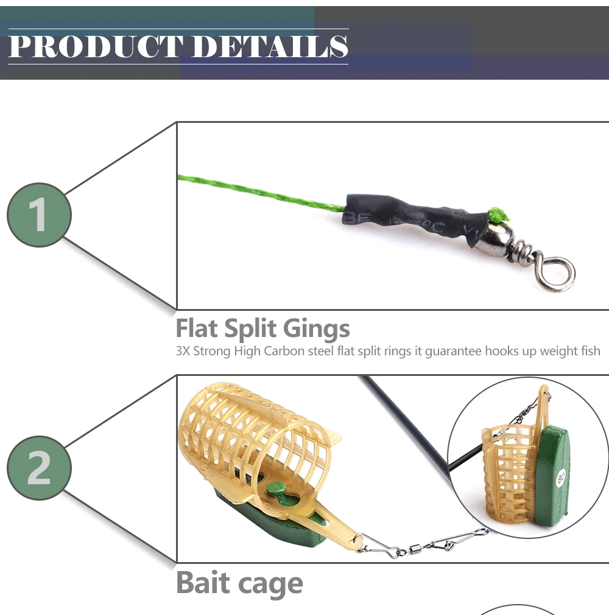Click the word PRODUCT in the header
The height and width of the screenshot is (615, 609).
click(x=96, y=46)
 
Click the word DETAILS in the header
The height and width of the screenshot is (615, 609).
click(x=270, y=46)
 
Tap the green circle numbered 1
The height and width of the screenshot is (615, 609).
click(x=39, y=215)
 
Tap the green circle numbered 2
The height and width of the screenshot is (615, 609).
click(x=39, y=468)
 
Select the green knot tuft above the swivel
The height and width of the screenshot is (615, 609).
click(x=499, y=215)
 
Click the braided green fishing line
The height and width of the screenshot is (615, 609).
click(x=261, y=193)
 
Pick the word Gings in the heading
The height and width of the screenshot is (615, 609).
click(x=316, y=328)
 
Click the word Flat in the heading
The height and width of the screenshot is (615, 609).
click(x=196, y=328)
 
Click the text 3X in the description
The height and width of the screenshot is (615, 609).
click(x=183, y=350)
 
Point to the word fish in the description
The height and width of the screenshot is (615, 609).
click(x=590, y=350)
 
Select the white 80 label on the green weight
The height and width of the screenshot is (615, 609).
click(x=560, y=478)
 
